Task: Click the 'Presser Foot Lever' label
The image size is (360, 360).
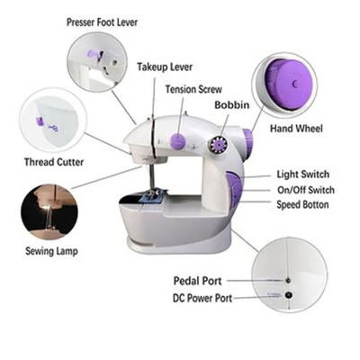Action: coord(103,20)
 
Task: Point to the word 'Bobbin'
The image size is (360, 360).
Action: coord(232,105)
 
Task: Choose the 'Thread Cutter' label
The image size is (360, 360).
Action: coord(55,163)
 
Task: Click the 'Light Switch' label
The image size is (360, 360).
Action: coord(303,174)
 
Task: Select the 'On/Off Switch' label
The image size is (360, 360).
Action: coord(303,189)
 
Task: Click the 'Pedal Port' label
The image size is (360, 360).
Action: coord(211,281)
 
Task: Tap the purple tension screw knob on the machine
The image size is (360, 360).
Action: coord(179,140)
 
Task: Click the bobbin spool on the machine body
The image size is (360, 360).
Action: coord(218,143)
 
